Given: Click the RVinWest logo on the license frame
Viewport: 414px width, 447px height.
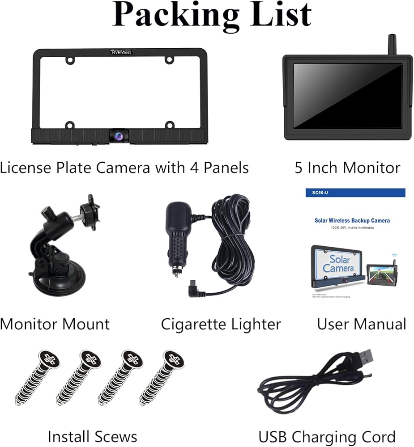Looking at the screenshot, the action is point(121,52).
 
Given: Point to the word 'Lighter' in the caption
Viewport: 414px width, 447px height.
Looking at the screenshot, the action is point(255,324).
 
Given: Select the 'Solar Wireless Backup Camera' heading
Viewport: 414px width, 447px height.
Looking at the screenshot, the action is point(352,220).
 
